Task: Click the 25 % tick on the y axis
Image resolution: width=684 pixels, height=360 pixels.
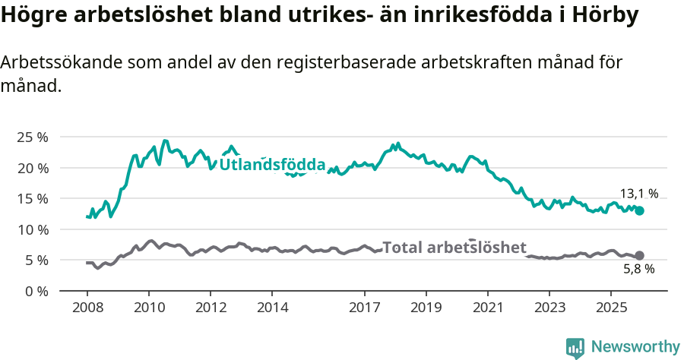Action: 32,137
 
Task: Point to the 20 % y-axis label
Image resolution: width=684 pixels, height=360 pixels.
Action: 32,168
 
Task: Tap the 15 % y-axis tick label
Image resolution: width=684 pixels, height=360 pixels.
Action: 32,199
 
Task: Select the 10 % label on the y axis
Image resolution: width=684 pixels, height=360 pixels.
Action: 32,229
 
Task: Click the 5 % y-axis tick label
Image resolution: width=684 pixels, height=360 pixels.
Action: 35,261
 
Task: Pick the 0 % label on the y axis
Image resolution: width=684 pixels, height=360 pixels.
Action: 35,291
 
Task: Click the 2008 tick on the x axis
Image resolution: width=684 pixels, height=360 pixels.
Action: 87,308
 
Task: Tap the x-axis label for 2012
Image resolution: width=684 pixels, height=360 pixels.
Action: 211,308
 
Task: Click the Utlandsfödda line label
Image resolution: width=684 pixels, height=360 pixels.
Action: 272,165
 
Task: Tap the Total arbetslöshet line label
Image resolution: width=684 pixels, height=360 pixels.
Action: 454,248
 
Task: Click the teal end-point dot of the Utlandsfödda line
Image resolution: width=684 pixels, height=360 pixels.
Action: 640,210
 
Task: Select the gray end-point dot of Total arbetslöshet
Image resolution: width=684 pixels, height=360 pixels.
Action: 640,256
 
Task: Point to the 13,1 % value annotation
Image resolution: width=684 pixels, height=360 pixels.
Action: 639,194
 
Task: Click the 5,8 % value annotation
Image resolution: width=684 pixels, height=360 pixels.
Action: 638,269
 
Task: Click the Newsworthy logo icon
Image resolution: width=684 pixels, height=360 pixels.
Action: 575,348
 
